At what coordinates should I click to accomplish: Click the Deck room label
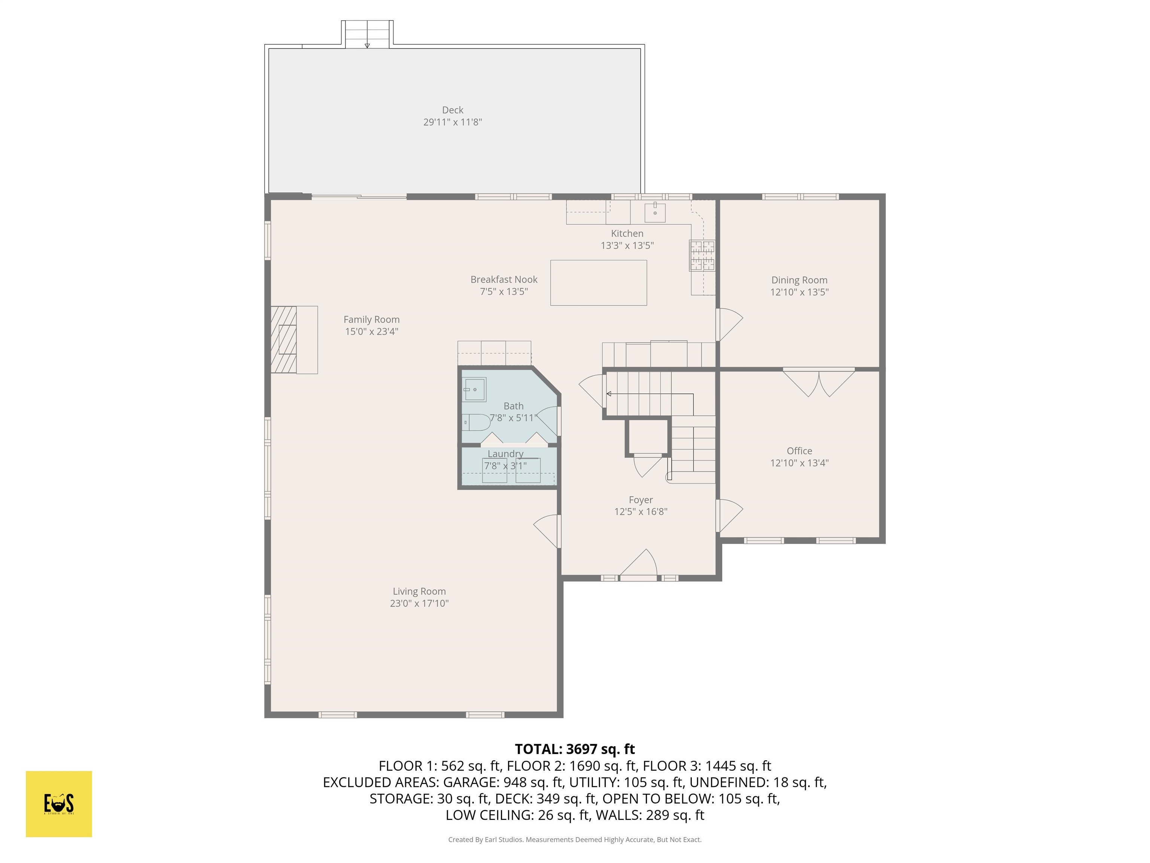(452, 110)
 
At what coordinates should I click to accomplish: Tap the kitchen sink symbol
(655, 212)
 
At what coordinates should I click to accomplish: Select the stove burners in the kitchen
(702, 255)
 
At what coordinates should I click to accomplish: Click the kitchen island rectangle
(598, 282)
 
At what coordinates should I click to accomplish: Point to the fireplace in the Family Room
(285, 340)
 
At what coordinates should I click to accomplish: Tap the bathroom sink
(475, 389)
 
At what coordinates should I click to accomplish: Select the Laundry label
(505, 454)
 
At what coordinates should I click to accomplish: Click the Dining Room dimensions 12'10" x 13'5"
(799, 292)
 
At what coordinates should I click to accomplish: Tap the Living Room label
(419, 591)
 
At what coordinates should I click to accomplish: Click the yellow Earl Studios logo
(59, 804)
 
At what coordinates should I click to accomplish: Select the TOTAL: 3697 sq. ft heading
(575, 749)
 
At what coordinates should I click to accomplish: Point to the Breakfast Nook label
(504, 279)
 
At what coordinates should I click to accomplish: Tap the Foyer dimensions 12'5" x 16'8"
(641, 511)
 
